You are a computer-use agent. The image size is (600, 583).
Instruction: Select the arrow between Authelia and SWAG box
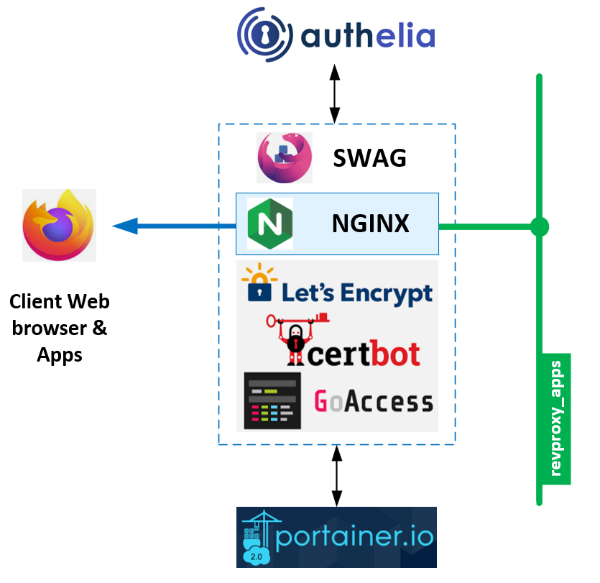coord(334,93)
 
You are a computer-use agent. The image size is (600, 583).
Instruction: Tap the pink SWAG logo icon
coord(285,157)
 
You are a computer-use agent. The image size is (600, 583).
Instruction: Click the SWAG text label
coord(369,157)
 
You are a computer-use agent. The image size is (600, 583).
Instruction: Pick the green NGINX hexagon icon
coord(270,224)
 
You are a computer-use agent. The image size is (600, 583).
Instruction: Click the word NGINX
coord(370,224)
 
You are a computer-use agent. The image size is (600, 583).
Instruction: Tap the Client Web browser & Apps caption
coord(60,327)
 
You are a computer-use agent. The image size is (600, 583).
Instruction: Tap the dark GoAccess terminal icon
coord(272,400)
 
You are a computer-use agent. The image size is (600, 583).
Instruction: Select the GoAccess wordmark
coord(374,401)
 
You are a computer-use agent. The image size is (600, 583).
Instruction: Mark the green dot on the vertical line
coord(539,227)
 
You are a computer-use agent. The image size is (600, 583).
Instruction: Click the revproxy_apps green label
coord(555,418)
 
